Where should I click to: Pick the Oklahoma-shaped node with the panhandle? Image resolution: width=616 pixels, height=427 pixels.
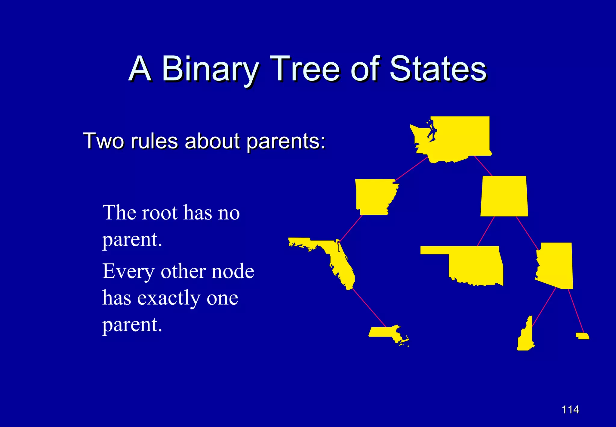coord(475,265)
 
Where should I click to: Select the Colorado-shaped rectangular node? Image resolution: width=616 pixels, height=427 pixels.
coord(504,196)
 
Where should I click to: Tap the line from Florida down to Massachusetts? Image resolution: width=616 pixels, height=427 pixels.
coord(369,308)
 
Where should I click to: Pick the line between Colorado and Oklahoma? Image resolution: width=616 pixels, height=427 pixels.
coord(486,231)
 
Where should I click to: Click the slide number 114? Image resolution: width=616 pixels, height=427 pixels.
coord(570,410)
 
